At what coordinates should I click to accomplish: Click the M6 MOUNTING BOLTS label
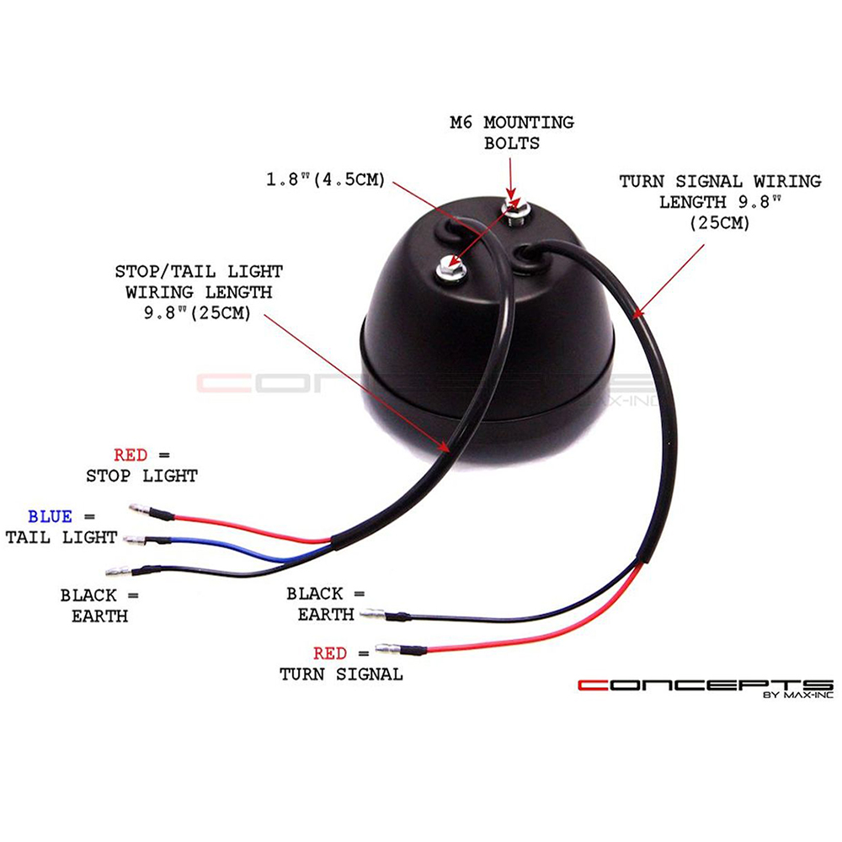512,133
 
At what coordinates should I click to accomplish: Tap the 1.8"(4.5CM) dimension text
326,179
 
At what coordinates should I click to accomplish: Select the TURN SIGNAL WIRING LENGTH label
720,202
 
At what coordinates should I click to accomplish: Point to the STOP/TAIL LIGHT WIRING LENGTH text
199,292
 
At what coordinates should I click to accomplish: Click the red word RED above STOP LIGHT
131,456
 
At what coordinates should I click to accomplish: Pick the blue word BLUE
50,517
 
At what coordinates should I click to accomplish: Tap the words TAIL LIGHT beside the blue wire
61,537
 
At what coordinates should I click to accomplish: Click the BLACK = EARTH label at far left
99,605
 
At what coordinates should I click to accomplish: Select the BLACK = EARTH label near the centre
326,604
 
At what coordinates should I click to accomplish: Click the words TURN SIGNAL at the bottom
341,674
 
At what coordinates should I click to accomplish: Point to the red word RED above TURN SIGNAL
330,653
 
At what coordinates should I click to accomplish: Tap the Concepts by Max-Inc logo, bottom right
706,688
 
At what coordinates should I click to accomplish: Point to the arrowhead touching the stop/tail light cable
444,445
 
